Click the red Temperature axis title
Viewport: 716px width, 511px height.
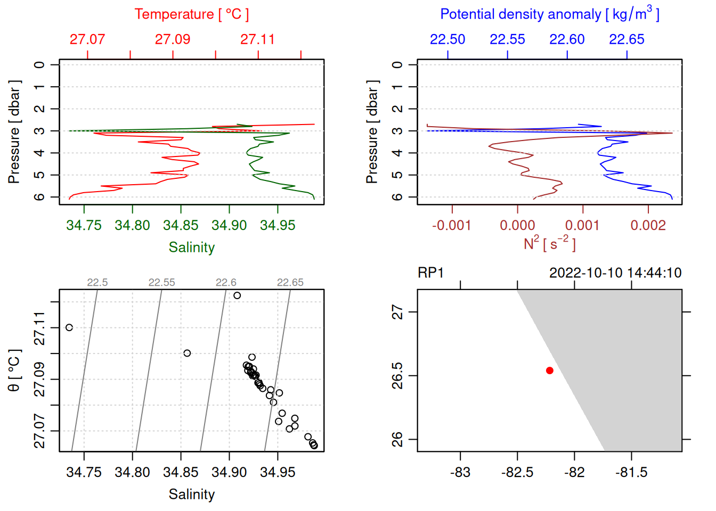191,14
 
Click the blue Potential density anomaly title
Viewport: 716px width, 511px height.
549,14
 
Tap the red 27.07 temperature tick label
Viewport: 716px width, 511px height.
87,39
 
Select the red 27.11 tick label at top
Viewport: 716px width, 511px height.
258,39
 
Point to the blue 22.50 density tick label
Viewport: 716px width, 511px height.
447,39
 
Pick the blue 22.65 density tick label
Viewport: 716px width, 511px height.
626,39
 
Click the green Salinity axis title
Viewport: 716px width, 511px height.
191,248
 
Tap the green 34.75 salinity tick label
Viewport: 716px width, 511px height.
84,226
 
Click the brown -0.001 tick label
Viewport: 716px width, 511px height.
452,226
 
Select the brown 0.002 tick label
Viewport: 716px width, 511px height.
648,226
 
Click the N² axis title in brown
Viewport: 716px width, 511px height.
549,243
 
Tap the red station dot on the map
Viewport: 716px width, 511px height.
549,370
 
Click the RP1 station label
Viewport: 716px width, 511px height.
430,273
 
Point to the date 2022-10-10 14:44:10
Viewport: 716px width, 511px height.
615,273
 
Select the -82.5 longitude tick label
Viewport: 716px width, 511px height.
517,473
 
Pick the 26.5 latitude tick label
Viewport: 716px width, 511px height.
397,376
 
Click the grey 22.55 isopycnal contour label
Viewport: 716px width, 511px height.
161,283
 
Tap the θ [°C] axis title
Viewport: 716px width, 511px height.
14,370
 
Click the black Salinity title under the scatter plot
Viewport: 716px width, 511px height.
191,494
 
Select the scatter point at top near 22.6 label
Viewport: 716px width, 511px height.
237,295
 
